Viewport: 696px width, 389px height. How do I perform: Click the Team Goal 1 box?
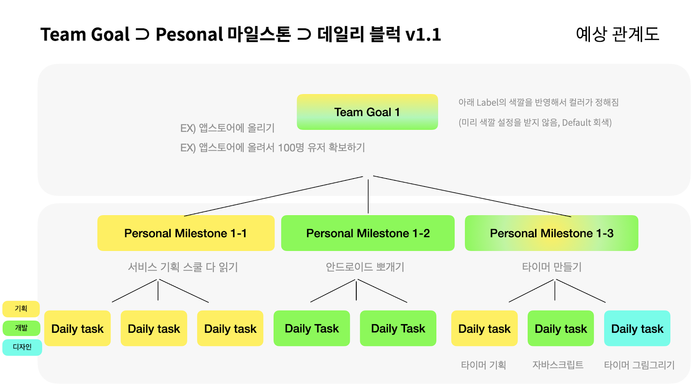click(x=367, y=112)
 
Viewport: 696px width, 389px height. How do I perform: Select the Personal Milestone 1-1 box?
click(x=186, y=233)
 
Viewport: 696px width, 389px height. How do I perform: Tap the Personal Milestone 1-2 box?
click(x=368, y=233)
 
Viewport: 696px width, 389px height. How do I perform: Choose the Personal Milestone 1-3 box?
click(x=551, y=233)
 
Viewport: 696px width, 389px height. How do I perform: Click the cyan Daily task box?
click(x=637, y=328)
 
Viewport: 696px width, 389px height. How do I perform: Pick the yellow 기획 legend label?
click(x=21, y=308)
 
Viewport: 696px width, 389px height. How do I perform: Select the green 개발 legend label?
click(x=21, y=328)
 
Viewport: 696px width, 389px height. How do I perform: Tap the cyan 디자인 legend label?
click(x=22, y=347)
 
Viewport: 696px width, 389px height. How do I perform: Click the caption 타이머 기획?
click(x=483, y=365)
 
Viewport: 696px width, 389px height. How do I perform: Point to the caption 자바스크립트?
click(x=558, y=365)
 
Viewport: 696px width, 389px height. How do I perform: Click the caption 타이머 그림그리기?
click(x=639, y=365)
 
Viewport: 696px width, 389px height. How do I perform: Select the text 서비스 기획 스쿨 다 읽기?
click(x=183, y=267)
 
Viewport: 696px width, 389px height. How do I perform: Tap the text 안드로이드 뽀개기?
click(x=365, y=267)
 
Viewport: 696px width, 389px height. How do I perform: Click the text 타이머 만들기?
click(x=552, y=267)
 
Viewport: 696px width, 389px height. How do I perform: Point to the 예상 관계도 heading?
click(x=617, y=34)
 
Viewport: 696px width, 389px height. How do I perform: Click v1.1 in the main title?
click(x=423, y=34)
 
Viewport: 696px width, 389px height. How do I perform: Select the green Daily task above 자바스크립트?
click(x=560, y=328)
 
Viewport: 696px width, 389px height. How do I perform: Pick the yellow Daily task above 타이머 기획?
click(x=484, y=328)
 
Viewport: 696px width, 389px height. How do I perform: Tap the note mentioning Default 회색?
click(x=535, y=123)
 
